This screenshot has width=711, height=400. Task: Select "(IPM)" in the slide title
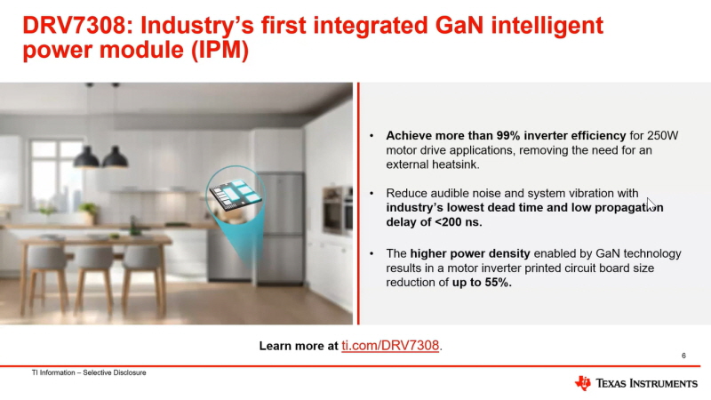(x=220, y=50)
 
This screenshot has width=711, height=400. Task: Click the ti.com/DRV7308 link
(x=390, y=346)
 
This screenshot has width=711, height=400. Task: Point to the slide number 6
(x=683, y=356)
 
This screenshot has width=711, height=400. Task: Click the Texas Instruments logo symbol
(x=583, y=383)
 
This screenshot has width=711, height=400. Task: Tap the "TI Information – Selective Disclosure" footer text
(x=89, y=372)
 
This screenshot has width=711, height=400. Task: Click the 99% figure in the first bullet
(x=507, y=136)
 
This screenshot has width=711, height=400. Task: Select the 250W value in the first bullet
(x=662, y=136)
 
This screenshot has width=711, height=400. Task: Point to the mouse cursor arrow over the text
(x=651, y=204)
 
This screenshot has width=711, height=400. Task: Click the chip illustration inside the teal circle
(x=235, y=195)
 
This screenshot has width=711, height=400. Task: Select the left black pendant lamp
(x=86, y=156)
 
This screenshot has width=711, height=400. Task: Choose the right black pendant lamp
(x=115, y=156)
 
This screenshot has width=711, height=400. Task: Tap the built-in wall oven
(x=338, y=210)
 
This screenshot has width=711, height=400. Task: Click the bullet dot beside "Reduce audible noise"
(x=371, y=194)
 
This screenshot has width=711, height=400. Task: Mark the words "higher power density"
(x=470, y=253)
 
